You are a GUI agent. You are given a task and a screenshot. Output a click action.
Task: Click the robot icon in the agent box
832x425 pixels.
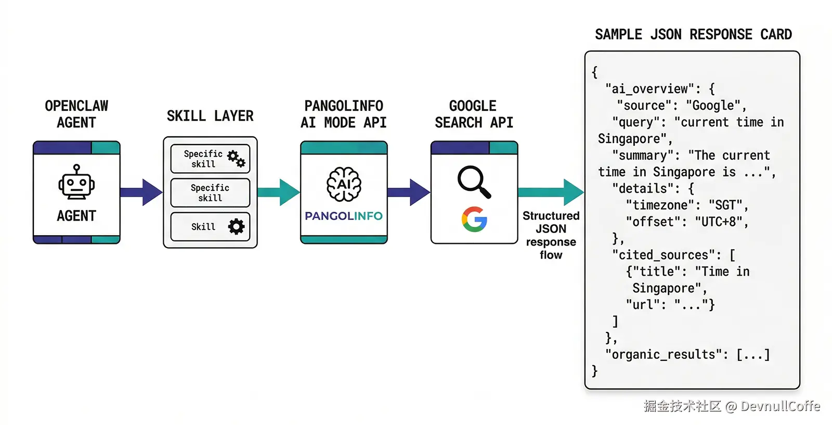(76, 183)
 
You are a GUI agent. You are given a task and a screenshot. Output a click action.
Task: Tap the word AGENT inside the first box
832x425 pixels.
(76, 216)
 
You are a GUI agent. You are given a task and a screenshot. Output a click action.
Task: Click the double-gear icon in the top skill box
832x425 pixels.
(236, 159)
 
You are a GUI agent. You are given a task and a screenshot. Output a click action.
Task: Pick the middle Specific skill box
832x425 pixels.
(210, 192)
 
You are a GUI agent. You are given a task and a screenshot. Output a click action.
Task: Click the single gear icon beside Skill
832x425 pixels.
(236, 226)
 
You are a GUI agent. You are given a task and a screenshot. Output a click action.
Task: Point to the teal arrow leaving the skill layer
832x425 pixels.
(278, 192)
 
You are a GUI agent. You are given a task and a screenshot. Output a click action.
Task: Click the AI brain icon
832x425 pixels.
(344, 184)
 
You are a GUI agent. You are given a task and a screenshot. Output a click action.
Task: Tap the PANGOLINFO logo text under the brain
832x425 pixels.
(344, 216)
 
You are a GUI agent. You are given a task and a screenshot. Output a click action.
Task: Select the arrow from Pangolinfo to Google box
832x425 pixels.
(409, 192)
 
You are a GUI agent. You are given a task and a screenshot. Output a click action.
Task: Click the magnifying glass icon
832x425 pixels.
(474, 182)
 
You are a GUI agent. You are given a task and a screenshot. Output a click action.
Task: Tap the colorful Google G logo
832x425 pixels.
(474, 219)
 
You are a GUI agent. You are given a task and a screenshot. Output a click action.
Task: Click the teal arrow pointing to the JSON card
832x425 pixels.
(551, 192)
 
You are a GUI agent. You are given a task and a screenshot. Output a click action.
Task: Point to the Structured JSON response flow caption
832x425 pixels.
(551, 235)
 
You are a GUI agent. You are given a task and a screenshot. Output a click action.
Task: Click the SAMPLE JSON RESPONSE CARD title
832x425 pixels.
(693, 35)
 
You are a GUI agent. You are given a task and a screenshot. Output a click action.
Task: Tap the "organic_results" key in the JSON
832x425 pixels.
(664, 355)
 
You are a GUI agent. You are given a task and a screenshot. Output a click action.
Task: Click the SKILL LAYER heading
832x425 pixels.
(210, 116)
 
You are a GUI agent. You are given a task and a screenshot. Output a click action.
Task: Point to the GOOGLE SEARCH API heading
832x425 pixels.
(474, 114)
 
